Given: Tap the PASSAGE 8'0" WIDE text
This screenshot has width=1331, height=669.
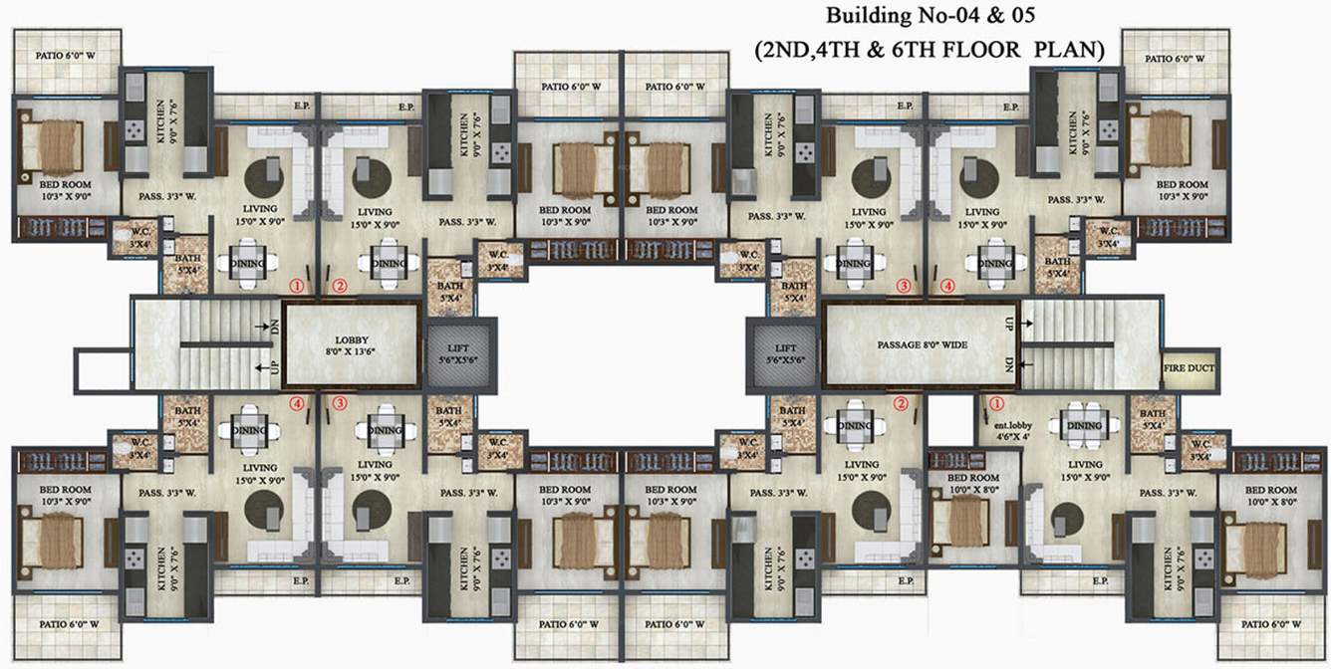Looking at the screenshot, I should [922, 344].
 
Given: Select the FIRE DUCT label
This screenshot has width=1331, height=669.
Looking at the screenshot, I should [1188, 368].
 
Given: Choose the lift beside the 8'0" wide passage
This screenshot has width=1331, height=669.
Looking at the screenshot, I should [785, 353].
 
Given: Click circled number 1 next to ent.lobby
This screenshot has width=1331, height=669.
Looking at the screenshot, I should [994, 403].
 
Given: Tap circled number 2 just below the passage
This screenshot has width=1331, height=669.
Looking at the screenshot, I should [901, 403].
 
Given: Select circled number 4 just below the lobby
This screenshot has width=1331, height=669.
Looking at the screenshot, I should [296, 403].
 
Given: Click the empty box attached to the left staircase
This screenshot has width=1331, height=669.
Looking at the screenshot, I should [103, 371].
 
